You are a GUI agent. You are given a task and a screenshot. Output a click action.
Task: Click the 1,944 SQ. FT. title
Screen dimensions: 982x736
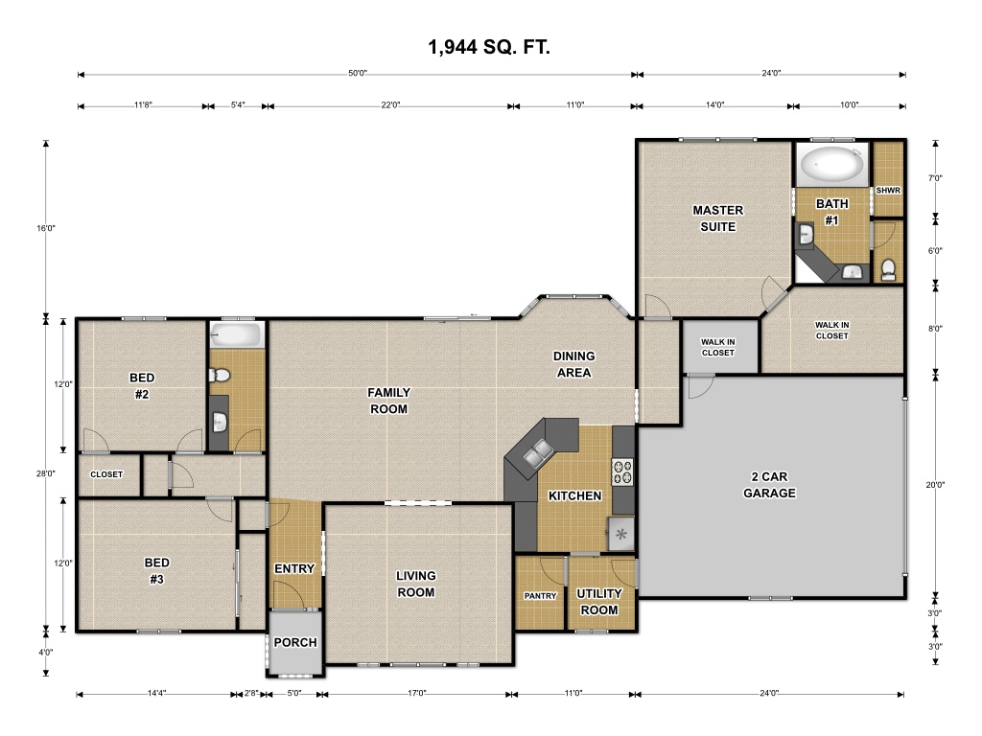point(489,47)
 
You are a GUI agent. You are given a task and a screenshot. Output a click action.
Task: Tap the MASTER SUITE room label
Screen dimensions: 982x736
point(717,218)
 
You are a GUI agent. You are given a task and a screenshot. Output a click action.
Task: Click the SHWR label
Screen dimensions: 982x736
point(888,191)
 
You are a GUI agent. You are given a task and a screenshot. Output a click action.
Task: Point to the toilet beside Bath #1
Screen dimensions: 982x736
point(888,269)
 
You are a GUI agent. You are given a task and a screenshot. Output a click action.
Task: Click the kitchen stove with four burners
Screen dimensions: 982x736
point(622,471)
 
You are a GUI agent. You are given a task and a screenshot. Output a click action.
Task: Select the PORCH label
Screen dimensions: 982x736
point(295,642)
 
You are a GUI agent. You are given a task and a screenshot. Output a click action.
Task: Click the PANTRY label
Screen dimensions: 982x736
point(540,596)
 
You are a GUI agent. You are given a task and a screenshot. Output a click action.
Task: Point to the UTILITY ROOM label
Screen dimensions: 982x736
point(599,602)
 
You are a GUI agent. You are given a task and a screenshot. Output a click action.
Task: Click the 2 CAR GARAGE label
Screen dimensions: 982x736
point(769,485)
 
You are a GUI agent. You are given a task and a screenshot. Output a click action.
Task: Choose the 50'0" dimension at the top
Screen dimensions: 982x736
point(358,73)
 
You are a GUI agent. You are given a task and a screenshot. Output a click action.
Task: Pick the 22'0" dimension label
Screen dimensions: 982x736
point(390,105)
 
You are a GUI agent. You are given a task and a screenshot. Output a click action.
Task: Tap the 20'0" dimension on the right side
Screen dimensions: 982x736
point(935,484)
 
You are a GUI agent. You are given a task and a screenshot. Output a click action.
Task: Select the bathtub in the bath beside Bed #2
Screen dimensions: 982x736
point(235,334)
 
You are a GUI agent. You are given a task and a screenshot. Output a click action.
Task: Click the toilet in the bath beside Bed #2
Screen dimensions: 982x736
point(220,376)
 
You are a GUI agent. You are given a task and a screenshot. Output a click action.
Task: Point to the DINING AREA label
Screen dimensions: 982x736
point(573,364)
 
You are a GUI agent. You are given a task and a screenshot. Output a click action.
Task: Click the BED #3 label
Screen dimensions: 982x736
point(156,571)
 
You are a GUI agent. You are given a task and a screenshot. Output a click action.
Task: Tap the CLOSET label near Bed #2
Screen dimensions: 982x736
point(106,474)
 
